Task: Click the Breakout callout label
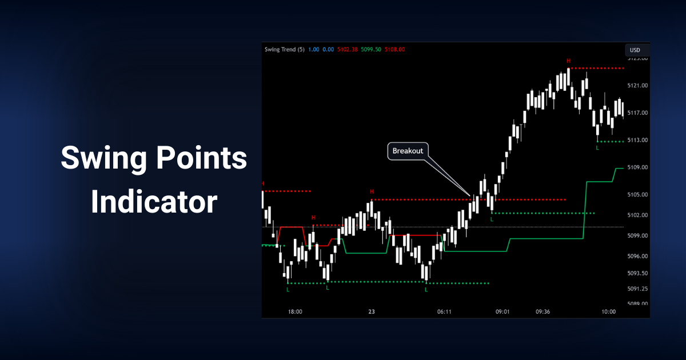pyautogui.click(x=408, y=151)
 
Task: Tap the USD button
pyautogui.click(x=635, y=50)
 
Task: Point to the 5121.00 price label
pyautogui.click(x=637, y=86)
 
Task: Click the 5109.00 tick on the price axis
pyautogui.click(x=637, y=167)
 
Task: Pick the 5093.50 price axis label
pyautogui.click(x=637, y=273)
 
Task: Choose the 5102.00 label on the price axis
pyautogui.click(x=637, y=215)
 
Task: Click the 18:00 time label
pyautogui.click(x=295, y=312)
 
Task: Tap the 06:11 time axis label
pyautogui.click(x=444, y=312)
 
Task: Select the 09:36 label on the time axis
pyautogui.click(x=543, y=312)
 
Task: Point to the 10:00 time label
pyautogui.click(x=609, y=312)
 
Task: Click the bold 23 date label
pyautogui.click(x=372, y=312)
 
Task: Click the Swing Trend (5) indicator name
pyautogui.click(x=284, y=50)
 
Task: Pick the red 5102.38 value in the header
pyautogui.click(x=347, y=50)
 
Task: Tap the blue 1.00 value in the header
pyautogui.click(x=314, y=50)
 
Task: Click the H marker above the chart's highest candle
pyautogui.click(x=568, y=61)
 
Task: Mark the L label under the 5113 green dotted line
pyautogui.click(x=597, y=148)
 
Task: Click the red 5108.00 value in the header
pyautogui.click(x=394, y=50)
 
